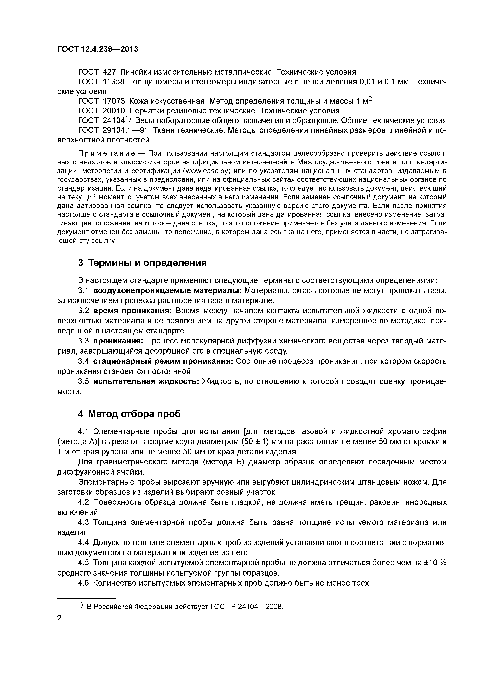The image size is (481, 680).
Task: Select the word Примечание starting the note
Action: (106, 153)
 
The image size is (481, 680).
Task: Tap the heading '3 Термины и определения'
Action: (142, 263)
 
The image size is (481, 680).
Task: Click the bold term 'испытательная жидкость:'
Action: (146, 381)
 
